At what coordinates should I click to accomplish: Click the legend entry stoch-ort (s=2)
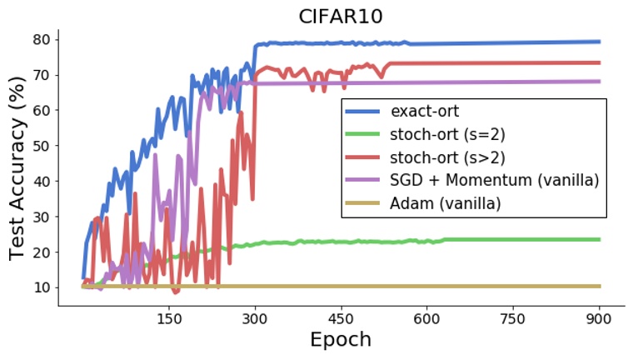point(447,133)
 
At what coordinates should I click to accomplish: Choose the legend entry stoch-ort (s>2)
point(447,157)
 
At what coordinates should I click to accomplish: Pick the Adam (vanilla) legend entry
point(446,203)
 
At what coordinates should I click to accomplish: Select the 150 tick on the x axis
point(169,317)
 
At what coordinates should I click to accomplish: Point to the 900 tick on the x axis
point(599,317)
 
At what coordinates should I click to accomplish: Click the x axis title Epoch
point(341,340)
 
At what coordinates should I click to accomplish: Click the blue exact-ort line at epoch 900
point(598,42)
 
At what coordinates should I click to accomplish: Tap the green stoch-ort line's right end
point(598,239)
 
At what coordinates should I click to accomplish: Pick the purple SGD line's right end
point(598,82)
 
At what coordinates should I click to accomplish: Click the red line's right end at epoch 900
point(598,62)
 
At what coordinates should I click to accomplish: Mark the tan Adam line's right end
point(598,286)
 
